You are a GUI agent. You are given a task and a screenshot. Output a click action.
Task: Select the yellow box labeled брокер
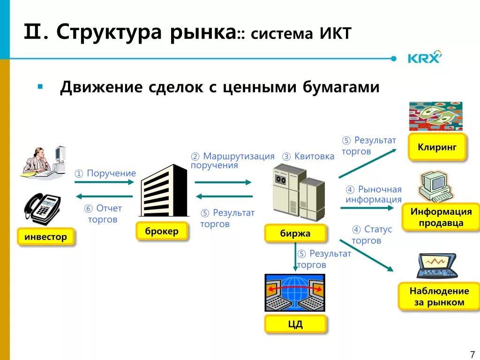pos(162,231)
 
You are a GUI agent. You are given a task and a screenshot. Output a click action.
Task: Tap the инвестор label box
pos(45,237)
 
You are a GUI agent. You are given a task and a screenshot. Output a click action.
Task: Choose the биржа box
pos(295,233)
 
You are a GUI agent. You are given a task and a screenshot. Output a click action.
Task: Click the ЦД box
pos(295,323)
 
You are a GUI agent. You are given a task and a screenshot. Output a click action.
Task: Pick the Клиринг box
pos(437,147)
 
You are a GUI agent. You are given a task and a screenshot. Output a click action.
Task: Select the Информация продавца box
pos(441,217)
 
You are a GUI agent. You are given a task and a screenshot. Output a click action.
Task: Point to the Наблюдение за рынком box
pos(439,296)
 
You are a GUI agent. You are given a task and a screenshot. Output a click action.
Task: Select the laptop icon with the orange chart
pos(436,266)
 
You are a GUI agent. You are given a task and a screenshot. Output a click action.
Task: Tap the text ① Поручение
pos(105,173)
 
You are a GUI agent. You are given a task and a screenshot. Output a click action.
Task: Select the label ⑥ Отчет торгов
pos(103,214)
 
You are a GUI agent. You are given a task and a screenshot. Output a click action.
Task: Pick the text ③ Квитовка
pos(308,156)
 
